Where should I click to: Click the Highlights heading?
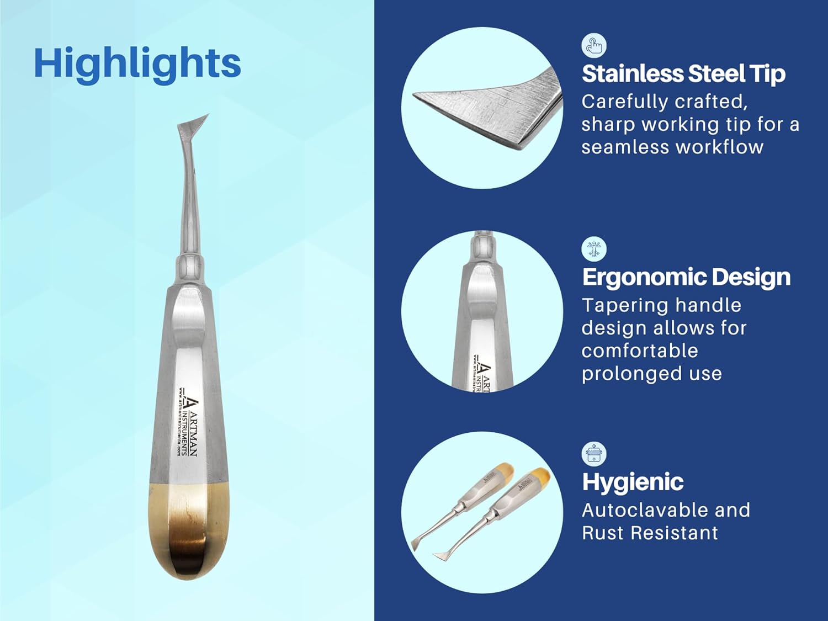click(x=137, y=63)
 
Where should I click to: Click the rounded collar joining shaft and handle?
click(x=188, y=268)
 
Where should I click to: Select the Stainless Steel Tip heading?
click(x=683, y=74)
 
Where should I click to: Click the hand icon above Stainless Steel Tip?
click(x=594, y=45)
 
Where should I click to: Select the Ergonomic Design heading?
click(x=686, y=277)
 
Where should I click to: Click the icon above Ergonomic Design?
click(x=594, y=249)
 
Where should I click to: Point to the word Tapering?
click(x=618, y=305)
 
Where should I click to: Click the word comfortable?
click(x=639, y=351)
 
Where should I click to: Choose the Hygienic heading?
click(x=633, y=482)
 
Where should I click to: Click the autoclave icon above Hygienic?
click(x=594, y=454)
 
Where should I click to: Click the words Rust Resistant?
click(x=650, y=533)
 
